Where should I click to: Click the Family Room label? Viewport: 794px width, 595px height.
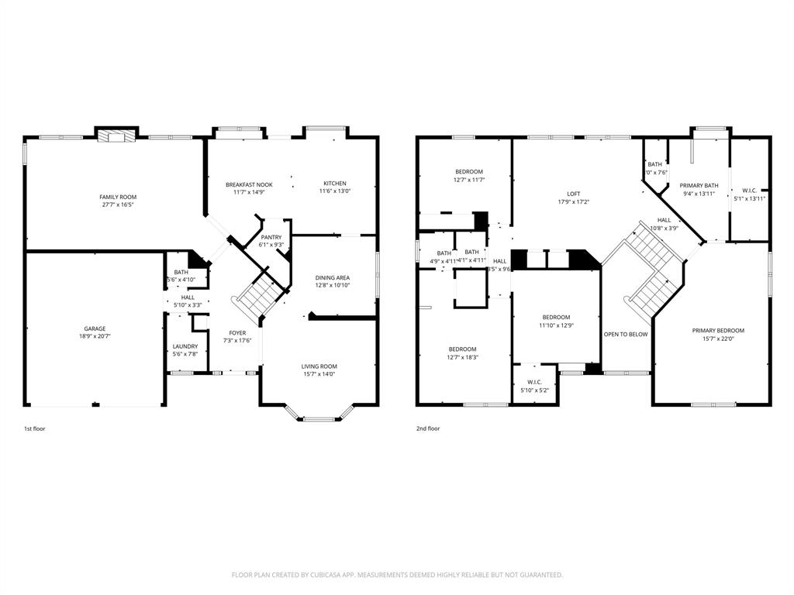(118, 198)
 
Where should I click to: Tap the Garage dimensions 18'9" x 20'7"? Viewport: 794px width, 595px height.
(95, 337)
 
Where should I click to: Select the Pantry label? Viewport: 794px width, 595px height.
(271, 237)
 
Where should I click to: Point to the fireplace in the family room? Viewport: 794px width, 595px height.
(116, 136)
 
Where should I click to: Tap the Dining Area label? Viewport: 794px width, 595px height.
(333, 277)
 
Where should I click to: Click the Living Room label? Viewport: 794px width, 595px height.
(319, 366)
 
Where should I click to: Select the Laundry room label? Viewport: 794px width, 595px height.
(185, 346)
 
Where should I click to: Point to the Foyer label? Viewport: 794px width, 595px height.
(237, 332)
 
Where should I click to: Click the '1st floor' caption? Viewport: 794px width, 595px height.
(34, 428)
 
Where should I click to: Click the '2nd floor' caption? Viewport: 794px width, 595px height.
(428, 428)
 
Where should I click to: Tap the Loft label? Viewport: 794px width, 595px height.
(573, 194)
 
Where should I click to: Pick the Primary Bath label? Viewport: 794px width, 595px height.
(699, 186)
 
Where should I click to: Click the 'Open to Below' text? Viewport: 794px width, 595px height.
(626, 334)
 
